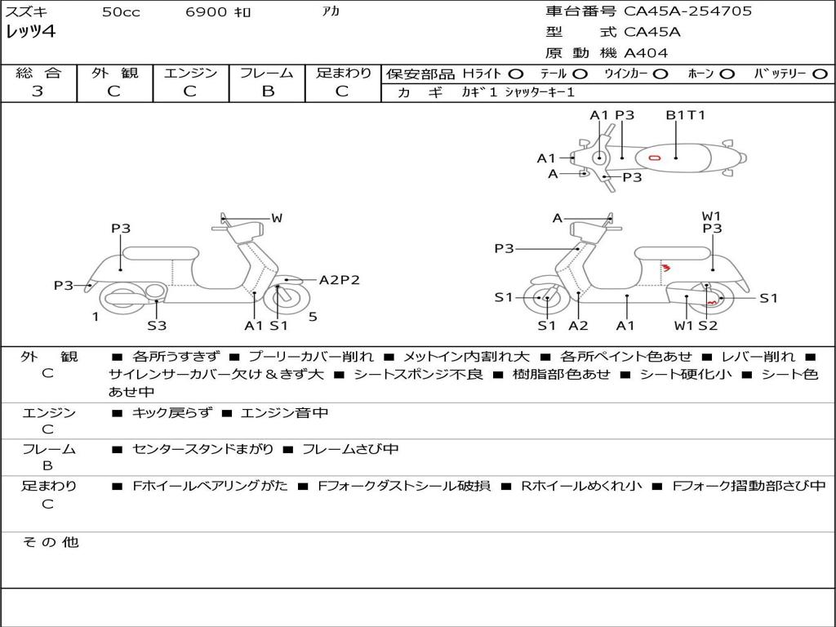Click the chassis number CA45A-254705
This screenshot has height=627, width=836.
[x=687, y=11]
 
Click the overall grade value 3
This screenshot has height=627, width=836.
[x=38, y=91]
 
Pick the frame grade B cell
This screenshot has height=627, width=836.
[x=268, y=91]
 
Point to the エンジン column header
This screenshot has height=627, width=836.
[x=190, y=73]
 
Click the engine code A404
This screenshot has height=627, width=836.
[x=646, y=53]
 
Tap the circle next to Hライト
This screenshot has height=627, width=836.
[x=516, y=73]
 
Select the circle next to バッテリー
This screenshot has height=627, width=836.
[x=820, y=73]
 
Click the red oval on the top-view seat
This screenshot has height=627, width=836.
[x=654, y=157]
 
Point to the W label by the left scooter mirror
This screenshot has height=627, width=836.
[x=277, y=218]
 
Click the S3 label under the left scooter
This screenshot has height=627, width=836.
[x=157, y=326]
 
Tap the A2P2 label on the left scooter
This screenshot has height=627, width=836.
[x=339, y=280]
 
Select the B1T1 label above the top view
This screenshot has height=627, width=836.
[x=685, y=115]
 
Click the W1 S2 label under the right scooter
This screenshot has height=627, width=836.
[x=696, y=326]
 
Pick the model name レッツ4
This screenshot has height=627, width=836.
[x=30, y=32]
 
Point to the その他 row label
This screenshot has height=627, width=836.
[x=50, y=542]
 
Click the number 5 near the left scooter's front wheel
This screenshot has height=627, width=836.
[x=313, y=317]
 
